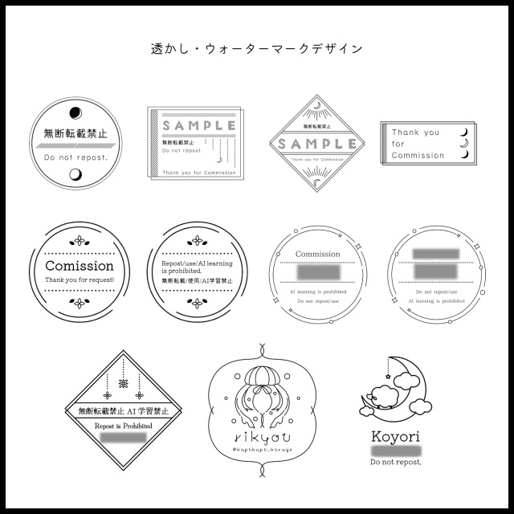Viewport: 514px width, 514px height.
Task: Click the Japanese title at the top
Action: (257, 48)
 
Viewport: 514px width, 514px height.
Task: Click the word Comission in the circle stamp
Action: (79, 266)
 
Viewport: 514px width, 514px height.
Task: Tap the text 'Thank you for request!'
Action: (79, 279)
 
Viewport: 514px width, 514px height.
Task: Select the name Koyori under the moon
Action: (396, 437)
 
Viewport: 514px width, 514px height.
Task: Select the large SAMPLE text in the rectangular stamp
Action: (198, 126)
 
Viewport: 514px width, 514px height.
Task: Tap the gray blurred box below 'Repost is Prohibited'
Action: (123, 439)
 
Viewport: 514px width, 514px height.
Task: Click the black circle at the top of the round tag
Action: (76, 112)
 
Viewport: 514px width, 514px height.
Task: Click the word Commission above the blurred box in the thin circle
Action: (318, 254)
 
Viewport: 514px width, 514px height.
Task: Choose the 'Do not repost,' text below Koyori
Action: (396, 463)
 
